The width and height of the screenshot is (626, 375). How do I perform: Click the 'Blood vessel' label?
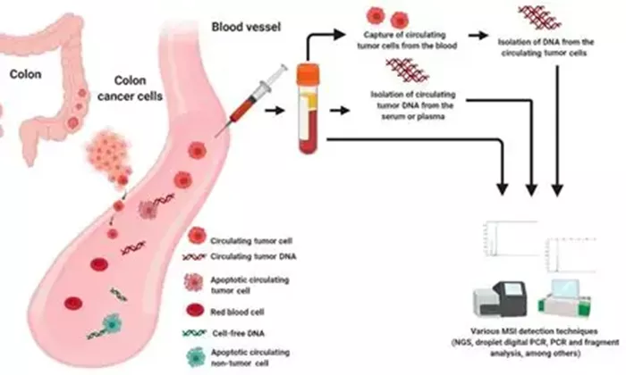point(246,27)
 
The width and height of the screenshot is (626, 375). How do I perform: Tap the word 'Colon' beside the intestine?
point(26,74)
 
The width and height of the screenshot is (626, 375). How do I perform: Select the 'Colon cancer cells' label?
point(131,88)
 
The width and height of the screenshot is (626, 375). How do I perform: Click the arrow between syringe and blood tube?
point(275,111)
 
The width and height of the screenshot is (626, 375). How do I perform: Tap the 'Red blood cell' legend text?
point(237,312)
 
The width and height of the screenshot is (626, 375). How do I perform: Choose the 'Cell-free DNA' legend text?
point(239,333)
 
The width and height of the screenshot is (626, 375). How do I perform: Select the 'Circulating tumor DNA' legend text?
point(253,256)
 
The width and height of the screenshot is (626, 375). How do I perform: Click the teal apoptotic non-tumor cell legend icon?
point(196,357)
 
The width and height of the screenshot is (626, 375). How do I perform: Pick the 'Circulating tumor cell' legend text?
point(251,241)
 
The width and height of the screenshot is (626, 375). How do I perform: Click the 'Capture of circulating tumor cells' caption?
point(407,40)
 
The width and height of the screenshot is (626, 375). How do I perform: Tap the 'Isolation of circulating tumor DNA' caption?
point(413,105)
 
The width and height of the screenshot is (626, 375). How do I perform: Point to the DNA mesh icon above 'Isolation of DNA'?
point(540,18)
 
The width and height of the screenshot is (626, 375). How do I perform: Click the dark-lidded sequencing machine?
point(499,299)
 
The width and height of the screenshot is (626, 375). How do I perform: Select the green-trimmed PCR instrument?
point(564,298)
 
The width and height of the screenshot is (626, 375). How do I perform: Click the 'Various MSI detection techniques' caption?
point(535,342)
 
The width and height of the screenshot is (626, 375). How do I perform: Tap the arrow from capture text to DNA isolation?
point(478,36)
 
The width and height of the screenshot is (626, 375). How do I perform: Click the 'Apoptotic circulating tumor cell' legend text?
point(250,285)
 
